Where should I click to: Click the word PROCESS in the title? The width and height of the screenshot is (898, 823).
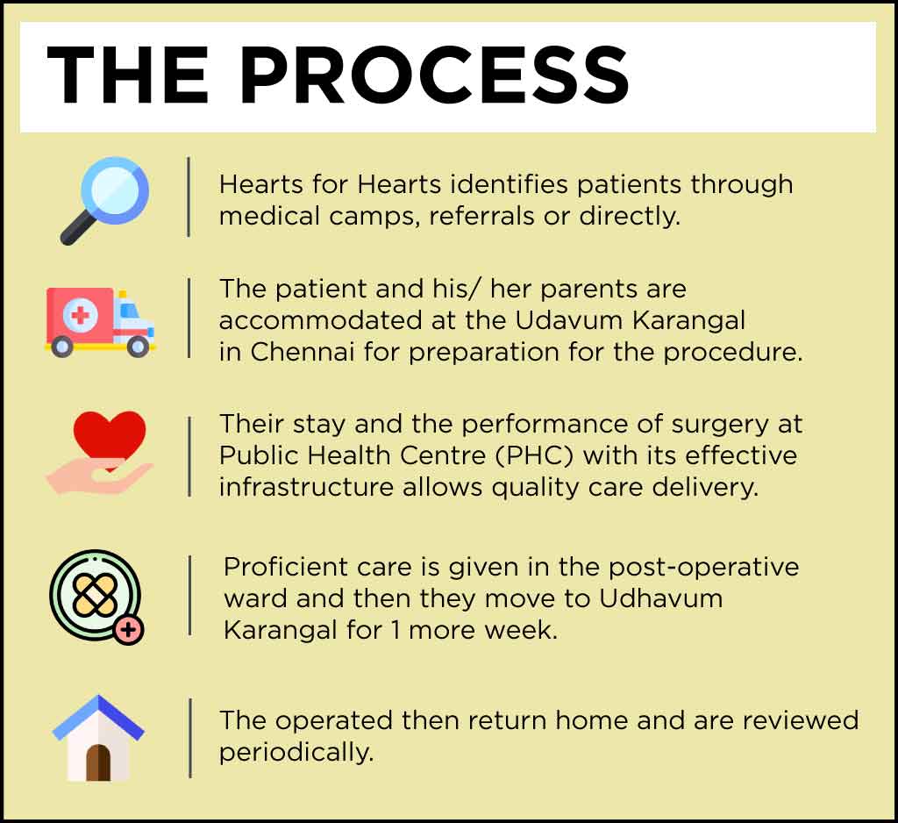(x=435, y=75)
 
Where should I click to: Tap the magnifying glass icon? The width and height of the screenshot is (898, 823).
(x=105, y=200)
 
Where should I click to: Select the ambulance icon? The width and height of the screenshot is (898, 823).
(x=100, y=322)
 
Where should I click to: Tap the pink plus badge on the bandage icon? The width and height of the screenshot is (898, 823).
(x=129, y=630)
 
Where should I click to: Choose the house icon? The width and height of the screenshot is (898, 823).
(x=98, y=738)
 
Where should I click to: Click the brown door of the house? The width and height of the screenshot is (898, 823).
(x=98, y=762)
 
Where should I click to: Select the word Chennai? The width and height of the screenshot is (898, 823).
(x=303, y=351)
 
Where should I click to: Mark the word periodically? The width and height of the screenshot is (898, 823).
(x=296, y=753)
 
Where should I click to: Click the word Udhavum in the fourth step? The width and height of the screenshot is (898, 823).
(x=661, y=598)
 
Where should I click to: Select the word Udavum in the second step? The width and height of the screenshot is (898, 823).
(x=568, y=320)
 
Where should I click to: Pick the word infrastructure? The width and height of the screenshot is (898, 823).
(x=306, y=487)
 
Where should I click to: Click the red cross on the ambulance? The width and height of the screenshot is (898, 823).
(x=80, y=315)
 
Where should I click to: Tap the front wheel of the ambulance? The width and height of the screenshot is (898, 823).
(x=138, y=347)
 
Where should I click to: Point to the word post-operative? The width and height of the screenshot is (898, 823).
(x=703, y=568)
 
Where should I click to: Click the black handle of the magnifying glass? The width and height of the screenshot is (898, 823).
(x=78, y=228)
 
